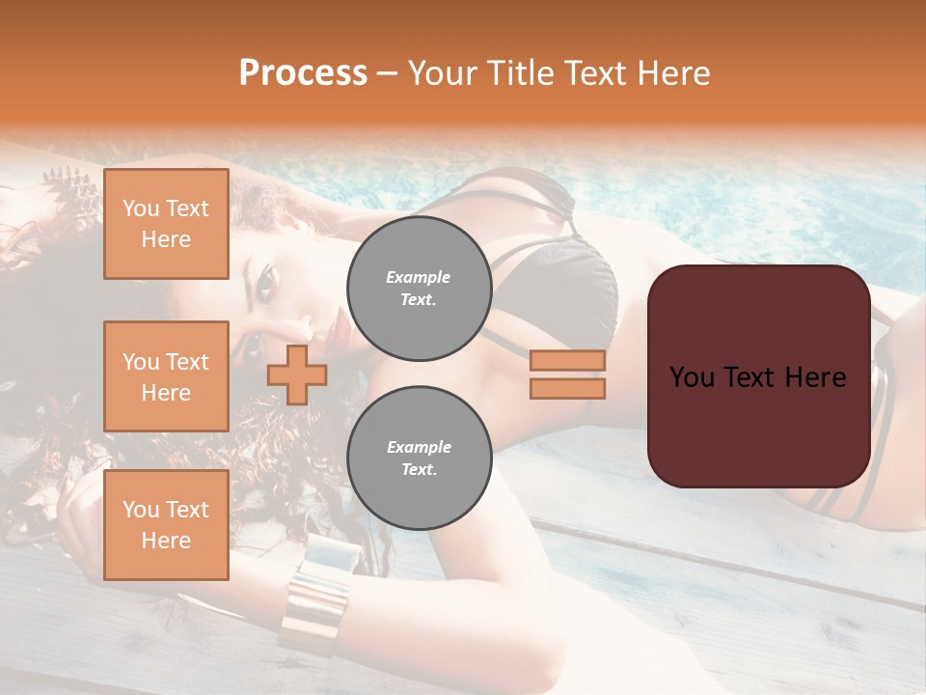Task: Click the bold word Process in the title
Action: coord(303,72)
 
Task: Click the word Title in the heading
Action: coord(520,72)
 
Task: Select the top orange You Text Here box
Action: coord(166,224)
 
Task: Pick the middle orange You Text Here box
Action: coord(166,376)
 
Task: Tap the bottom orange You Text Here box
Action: coord(166,525)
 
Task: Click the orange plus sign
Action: coord(297,375)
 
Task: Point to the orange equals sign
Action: coord(567,375)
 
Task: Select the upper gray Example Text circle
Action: coord(419,289)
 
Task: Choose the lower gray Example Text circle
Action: coord(419,459)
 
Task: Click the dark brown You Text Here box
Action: coord(758,376)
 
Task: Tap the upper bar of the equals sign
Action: coord(567,361)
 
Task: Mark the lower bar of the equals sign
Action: coord(567,388)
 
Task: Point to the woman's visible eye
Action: coord(266,280)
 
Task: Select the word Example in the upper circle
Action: coord(419,277)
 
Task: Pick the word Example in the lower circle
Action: coord(419,447)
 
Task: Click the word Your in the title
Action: coord(443,72)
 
